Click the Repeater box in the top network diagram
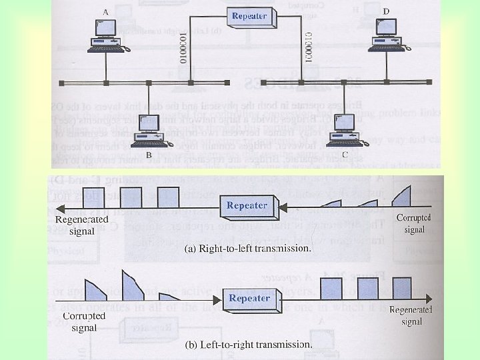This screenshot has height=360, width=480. [249, 17]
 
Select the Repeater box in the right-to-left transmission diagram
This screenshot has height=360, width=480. [247, 206]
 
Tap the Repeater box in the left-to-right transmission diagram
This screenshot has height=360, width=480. [249, 298]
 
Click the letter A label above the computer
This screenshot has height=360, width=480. [105, 12]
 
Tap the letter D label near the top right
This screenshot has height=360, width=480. [386, 11]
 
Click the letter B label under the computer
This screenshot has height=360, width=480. [149, 155]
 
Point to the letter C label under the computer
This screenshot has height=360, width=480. [345, 155]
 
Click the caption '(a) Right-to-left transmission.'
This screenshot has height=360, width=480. [247, 249]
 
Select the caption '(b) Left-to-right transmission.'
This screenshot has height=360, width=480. [248, 345]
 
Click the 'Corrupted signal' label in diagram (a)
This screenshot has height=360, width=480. [414, 223]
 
